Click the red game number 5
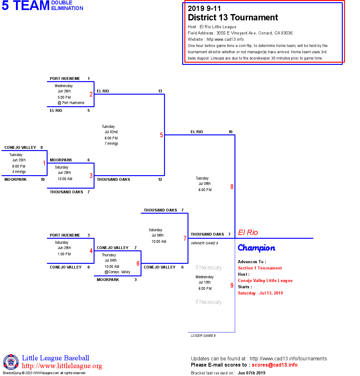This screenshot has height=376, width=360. click(162, 135)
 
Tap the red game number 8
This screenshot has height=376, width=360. click(232, 187)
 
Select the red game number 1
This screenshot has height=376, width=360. click(44, 163)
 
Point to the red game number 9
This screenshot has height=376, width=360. click(232, 285)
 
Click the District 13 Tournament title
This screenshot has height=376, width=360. click(233, 18)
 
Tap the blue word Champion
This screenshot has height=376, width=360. click(256, 248)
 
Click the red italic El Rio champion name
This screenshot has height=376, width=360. click(248, 232)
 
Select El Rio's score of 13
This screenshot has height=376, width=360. click(160, 91)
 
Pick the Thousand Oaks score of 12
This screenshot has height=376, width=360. click(160, 180)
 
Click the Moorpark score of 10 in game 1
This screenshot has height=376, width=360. click(43, 180)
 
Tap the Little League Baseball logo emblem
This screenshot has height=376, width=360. click(11, 362)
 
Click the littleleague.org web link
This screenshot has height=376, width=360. click(62, 366)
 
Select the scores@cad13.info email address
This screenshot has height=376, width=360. click(275, 365)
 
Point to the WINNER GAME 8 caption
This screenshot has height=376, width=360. click(205, 243)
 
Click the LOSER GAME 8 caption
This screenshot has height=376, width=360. click(203, 336)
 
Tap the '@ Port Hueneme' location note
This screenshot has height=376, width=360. click(71, 103)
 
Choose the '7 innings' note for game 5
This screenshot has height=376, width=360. click(111, 144)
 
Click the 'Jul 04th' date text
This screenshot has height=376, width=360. click(111, 260)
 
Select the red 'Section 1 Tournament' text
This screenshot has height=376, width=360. click(260, 268)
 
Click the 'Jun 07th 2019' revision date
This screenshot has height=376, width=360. click(251, 373)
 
